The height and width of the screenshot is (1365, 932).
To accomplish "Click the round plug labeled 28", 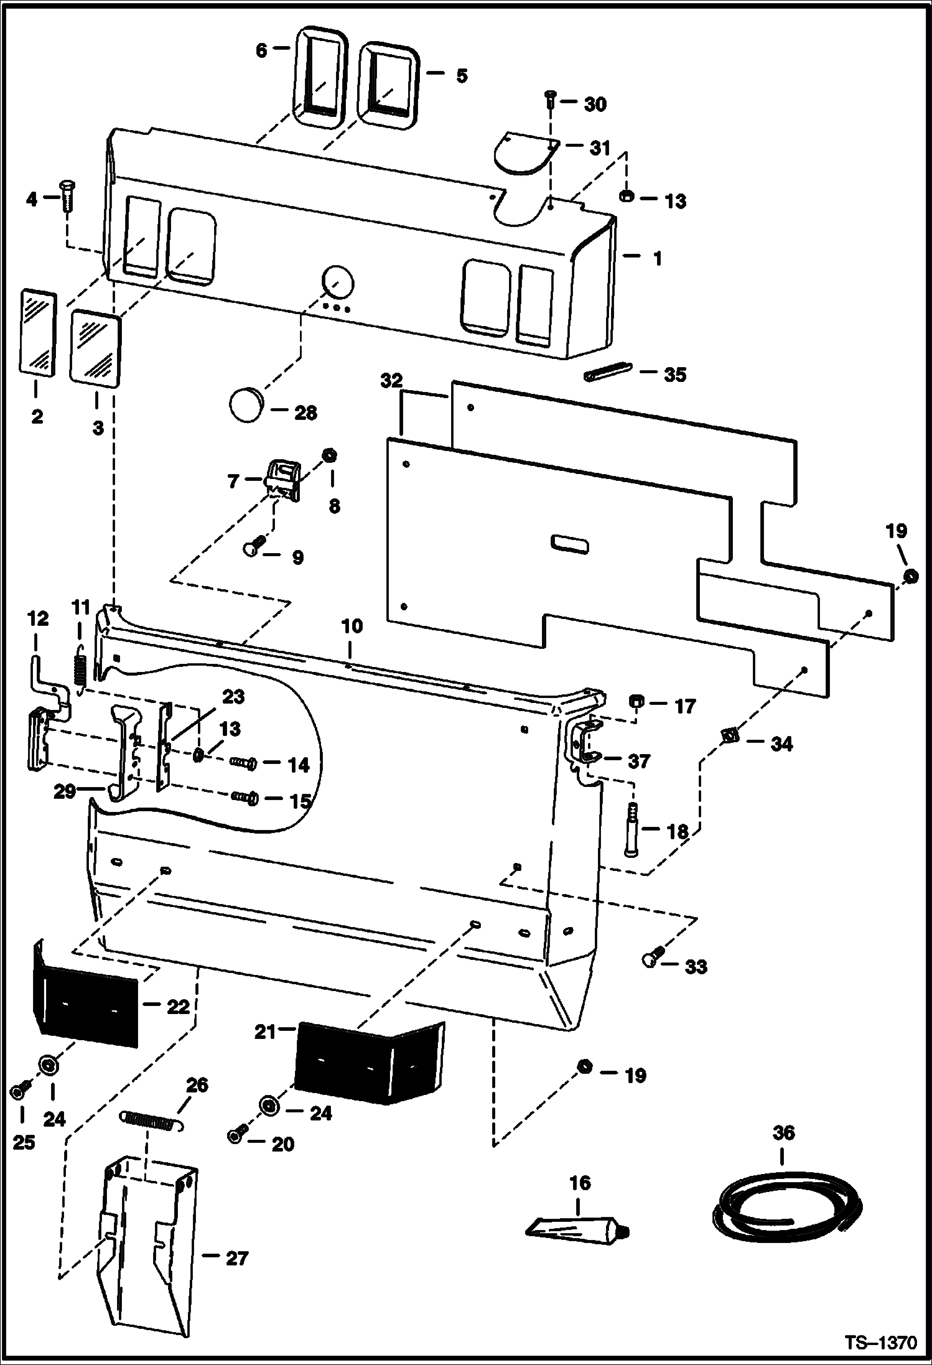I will [247, 405].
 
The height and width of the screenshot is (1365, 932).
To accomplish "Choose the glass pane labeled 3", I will [96, 350].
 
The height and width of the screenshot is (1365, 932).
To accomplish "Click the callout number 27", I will [236, 1258].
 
